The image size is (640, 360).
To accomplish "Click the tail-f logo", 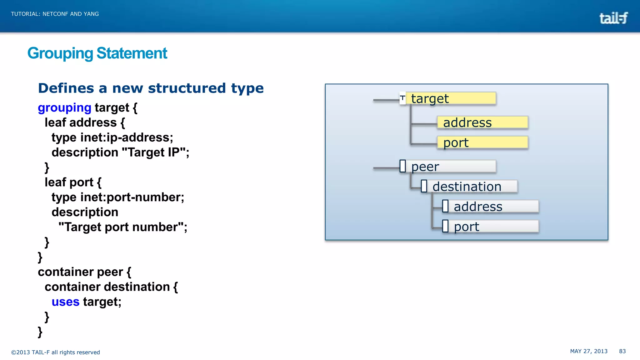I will (x=613, y=18).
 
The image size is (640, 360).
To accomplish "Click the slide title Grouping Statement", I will (x=97, y=53).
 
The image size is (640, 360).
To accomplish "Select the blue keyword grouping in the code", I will (x=64, y=107).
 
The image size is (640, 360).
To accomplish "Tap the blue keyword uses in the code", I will (x=65, y=302).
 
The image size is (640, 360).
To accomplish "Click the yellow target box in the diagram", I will (x=450, y=98).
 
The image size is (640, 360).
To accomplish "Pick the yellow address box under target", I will (x=482, y=122).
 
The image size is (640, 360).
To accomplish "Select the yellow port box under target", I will (x=482, y=142).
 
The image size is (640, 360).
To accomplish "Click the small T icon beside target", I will (x=402, y=98).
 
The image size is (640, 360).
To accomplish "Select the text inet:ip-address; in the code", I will (x=127, y=137).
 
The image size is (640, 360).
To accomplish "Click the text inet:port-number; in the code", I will (x=132, y=197).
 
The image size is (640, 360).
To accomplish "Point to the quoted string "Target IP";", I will (x=155, y=152).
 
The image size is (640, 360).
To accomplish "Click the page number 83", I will (x=622, y=351).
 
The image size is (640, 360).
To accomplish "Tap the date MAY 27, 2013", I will (x=588, y=351).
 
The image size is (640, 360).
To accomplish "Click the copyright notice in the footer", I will (x=55, y=352).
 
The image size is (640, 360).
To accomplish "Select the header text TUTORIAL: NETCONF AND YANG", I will (x=55, y=14).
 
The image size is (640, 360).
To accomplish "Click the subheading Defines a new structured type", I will (x=151, y=88).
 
